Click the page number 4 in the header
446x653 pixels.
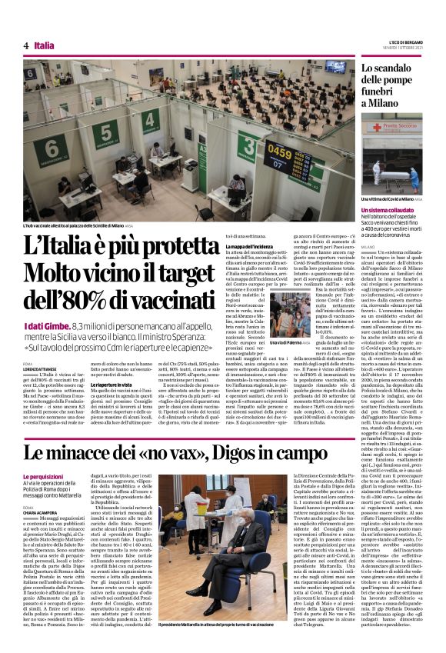point(26,45)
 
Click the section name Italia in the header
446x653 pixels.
point(45,45)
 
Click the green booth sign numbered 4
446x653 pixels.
point(151,121)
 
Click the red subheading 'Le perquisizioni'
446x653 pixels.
point(43,456)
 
